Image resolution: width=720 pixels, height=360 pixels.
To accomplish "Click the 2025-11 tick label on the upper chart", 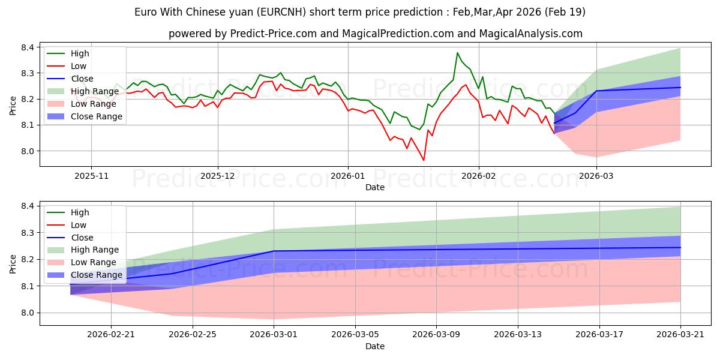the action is coord(92,176).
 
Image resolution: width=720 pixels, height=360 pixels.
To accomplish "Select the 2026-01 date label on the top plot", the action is coord(348,176).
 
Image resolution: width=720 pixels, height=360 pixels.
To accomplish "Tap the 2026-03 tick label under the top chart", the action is coord(596,176).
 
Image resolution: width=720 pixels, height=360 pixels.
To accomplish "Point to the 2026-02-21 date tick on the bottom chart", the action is coord(111,335).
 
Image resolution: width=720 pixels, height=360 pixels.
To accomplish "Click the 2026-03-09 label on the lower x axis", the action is coord(436,335).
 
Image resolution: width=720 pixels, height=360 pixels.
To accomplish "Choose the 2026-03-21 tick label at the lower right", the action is coord(680,335).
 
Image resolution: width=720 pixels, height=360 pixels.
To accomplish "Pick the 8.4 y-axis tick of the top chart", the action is coord(28,47).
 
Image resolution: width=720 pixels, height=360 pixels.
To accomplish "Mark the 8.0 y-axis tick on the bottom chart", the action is coord(28,313).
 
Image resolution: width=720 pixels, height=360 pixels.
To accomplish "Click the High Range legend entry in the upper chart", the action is coord(83,91).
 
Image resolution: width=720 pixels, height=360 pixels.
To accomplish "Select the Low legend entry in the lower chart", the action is coord(67,225).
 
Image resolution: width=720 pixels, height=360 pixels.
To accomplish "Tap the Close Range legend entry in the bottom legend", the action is coord(85,275).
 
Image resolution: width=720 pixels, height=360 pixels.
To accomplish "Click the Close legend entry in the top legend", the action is coord(70,79).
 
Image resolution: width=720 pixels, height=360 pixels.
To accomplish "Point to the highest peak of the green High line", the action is coord(457,53).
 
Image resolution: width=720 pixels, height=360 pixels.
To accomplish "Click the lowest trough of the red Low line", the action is coord(424,160).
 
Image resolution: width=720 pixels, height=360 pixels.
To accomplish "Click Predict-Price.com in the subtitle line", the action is coord(274,34).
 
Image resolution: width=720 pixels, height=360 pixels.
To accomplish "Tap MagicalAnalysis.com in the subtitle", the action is coord(530,34).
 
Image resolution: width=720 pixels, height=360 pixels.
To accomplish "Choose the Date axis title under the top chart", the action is coord(375,187).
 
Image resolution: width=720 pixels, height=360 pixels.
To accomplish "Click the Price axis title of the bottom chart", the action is coord(13,264).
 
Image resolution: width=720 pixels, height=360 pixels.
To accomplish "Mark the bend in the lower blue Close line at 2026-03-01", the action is coord(274,251).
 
